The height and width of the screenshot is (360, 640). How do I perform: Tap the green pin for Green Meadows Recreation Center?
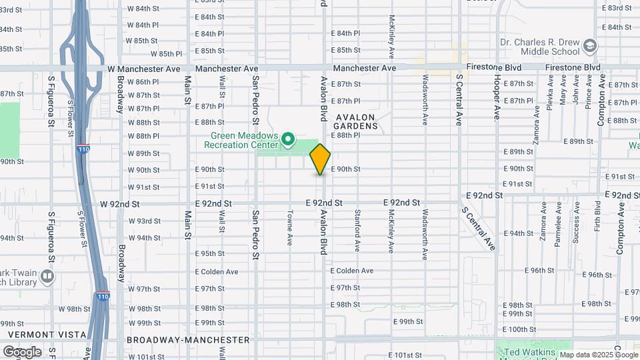click(x=288, y=139)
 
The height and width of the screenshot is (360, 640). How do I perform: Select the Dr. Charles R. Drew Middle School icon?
click(x=589, y=46)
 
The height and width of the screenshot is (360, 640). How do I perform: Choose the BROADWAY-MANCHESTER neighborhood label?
click(x=188, y=340)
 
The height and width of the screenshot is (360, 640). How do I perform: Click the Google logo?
click(x=22, y=351)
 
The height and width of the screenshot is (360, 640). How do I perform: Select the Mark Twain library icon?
click(x=47, y=275)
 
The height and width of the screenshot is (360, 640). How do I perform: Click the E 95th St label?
click(x=210, y=253)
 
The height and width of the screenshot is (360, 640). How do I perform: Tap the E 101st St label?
click(x=404, y=355)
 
